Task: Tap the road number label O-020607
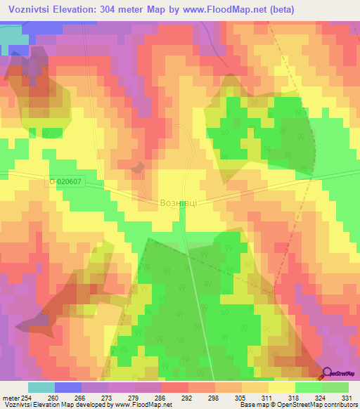tap(66, 182)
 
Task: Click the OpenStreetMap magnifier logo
tap(327, 372)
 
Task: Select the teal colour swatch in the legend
tap(41, 387)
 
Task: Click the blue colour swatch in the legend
tap(68, 387)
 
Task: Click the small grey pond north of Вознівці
tap(138, 167)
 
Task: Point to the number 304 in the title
tap(124, 9)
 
